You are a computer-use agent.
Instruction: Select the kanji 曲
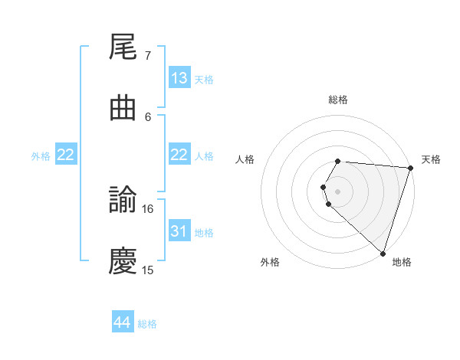tap(123, 109)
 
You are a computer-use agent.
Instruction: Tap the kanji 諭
tap(123, 201)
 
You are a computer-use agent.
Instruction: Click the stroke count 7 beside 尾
tap(147, 56)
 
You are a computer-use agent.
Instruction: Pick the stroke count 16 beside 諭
tap(149, 209)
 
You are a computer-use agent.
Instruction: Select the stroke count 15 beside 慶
tap(148, 270)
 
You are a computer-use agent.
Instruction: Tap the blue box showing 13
tap(179, 78)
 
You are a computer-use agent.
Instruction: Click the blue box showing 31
tap(179, 231)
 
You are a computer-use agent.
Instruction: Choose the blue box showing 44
tap(123, 322)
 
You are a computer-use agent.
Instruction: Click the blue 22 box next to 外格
tap(66, 155)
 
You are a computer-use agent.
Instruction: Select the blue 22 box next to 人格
tap(179, 155)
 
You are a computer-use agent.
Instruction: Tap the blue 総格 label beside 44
tap(147, 324)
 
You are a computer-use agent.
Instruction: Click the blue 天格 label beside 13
tap(204, 80)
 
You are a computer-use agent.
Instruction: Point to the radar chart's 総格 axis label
tap(338, 100)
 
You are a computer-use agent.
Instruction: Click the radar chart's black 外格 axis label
tap(270, 262)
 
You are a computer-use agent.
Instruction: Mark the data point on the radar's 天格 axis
tap(410, 167)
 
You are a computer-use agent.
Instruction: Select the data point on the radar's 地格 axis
tap(383, 253)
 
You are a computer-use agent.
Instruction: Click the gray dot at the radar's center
tap(338, 191)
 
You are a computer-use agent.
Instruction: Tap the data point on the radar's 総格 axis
tap(338, 161)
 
